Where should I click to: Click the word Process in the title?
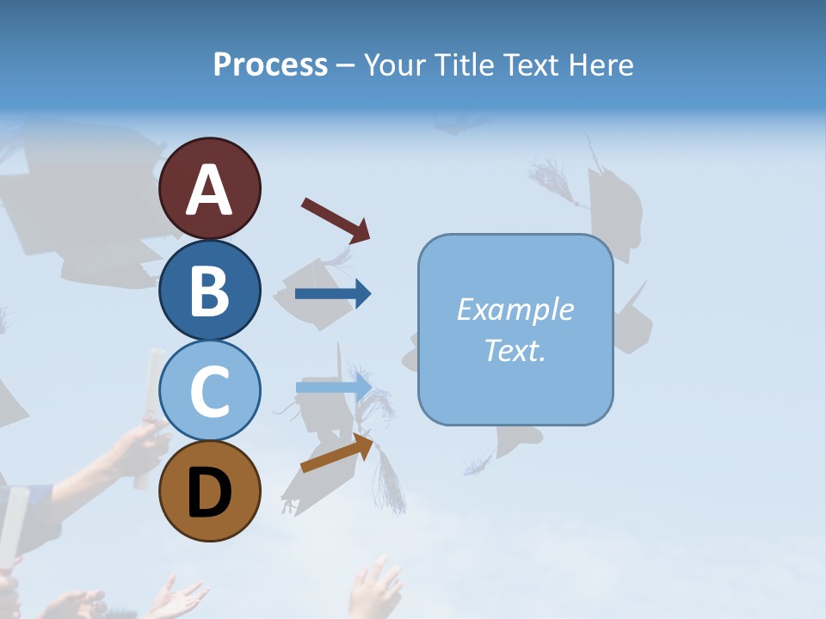(x=270, y=65)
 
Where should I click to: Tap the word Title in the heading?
(x=465, y=65)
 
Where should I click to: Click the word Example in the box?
(x=515, y=309)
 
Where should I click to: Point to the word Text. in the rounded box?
(x=515, y=351)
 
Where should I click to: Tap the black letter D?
(x=210, y=493)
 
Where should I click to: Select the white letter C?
(x=210, y=392)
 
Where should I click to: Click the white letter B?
(x=210, y=291)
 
